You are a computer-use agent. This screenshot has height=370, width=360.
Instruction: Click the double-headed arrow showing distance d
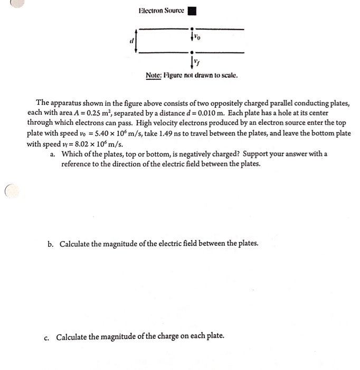point(137,41)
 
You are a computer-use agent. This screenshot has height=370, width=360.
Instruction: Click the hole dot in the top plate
point(192,29)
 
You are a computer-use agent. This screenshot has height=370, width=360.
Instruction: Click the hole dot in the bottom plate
point(192,53)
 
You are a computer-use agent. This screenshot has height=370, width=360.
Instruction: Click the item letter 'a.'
point(53,154)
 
